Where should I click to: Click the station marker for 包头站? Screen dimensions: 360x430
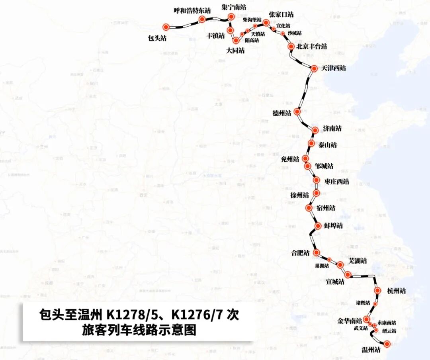(x=166, y=27)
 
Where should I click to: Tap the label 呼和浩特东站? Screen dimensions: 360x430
(x=192, y=11)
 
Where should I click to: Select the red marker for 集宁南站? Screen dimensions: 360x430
(x=231, y=17)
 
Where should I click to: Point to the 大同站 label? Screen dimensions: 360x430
(x=235, y=51)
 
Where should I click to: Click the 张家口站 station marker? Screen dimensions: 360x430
(x=266, y=23)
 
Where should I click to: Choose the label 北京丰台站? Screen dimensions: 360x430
(x=312, y=47)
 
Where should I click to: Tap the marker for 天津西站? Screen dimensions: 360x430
(x=314, y=68)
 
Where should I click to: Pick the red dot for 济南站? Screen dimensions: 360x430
(x=315, y=130)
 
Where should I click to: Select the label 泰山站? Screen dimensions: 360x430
(x=328, y=145)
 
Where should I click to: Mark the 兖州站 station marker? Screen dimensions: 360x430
(x=305, y=158)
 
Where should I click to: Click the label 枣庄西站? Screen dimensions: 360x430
(x=337, y=182)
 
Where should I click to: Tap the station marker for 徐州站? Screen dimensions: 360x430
(x=316, y=193)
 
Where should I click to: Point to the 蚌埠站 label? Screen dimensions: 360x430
(x=333, y=226)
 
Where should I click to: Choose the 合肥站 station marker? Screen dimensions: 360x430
(x=317, y=252)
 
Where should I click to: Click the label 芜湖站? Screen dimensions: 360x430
(x=358, y=261)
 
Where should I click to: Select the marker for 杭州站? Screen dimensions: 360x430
(x=378, y=291)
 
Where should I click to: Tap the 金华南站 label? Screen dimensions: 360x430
(x=350, y=321)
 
